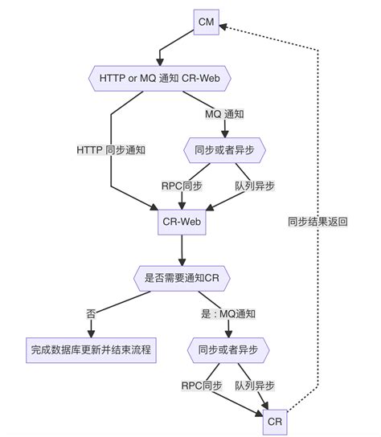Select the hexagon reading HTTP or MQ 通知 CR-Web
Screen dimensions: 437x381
tap(158, 78)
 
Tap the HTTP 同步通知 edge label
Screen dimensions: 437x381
tap(111, 150)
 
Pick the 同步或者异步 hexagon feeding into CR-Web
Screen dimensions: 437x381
tap(225, 149)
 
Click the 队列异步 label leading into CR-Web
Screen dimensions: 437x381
tap(255, 186)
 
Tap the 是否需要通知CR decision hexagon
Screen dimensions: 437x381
tap(182, 277)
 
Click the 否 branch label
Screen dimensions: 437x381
tap(91, 313)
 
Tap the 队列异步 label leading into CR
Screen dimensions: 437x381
tap(255, 386)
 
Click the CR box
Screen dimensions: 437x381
tap(274, 421)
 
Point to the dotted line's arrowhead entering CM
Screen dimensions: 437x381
tap(224, 25)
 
